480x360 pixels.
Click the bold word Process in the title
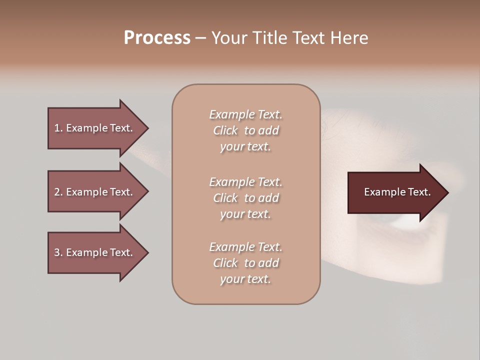pyautogui.click(x=157, y=38)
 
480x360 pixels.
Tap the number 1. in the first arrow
pyautogui.click(x=58, y=128)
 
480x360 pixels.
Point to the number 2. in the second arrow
pyautogui.click(x=58, y=192)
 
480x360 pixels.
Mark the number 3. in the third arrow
pyautogui.click(x=58, y=252)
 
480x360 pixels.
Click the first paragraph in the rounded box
pyautogui.click(x=245, y=130)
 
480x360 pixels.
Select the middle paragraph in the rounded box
pyautogui.click(x=245, y=198)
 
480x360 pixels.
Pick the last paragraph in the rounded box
pyautogui.click(x=245, y=263)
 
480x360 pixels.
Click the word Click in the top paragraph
pyautogui.click(x=225, y=130)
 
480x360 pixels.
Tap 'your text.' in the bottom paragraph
pyautogui.click(x=245, y=279)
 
